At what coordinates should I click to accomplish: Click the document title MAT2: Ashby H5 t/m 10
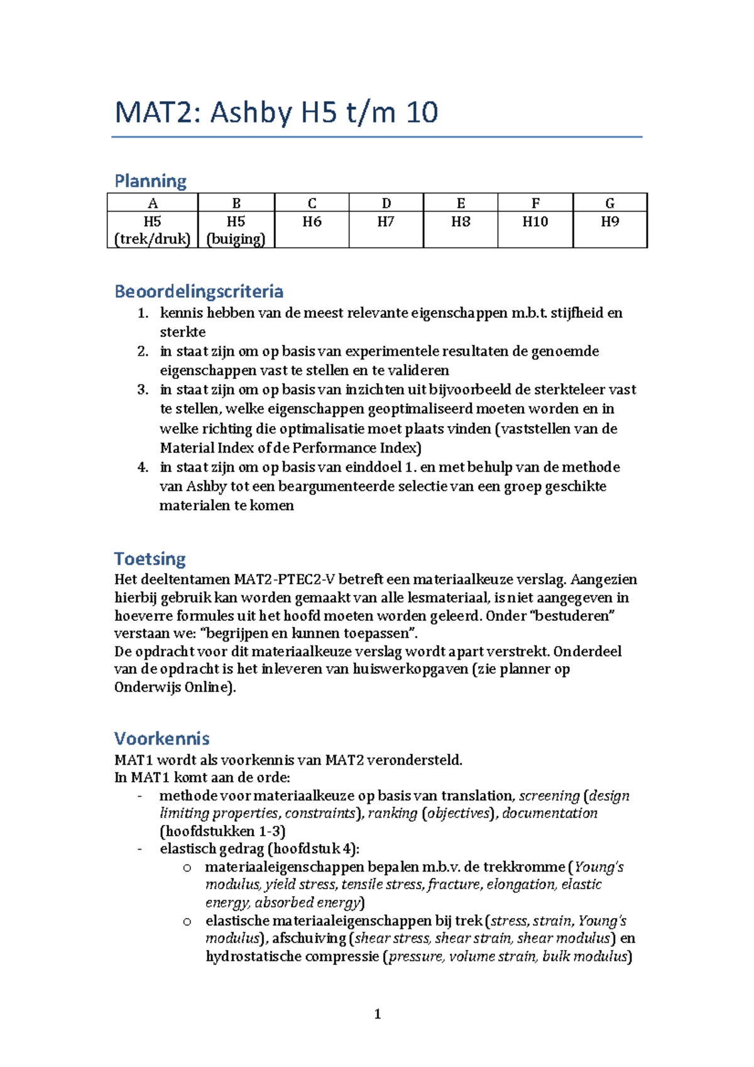pos(276,113)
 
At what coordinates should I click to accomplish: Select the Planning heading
pos(150,181)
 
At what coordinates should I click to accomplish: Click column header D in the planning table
pos(386,203)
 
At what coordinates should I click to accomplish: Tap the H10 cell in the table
pos(535,222)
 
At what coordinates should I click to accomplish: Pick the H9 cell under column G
pos(609,222)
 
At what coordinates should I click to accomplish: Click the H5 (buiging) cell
pos(236,230)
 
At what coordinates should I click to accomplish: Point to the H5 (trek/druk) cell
pos(152,230)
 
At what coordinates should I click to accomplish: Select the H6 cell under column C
pos(312,222)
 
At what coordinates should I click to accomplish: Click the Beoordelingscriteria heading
pos(199,292)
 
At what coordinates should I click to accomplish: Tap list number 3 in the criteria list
pos(143,390)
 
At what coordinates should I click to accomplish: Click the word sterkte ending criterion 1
pos(182,332)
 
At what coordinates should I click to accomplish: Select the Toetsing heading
pos(150,559)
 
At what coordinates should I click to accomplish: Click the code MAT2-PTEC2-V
pos(285,579)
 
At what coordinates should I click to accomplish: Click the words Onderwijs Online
pos(173,687)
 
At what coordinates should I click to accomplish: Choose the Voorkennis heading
pos(161,738)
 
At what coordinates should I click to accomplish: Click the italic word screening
pos(549,796)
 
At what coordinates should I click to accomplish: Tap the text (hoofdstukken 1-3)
pos(222,831)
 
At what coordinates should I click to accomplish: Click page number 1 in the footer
pos(377,1014)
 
